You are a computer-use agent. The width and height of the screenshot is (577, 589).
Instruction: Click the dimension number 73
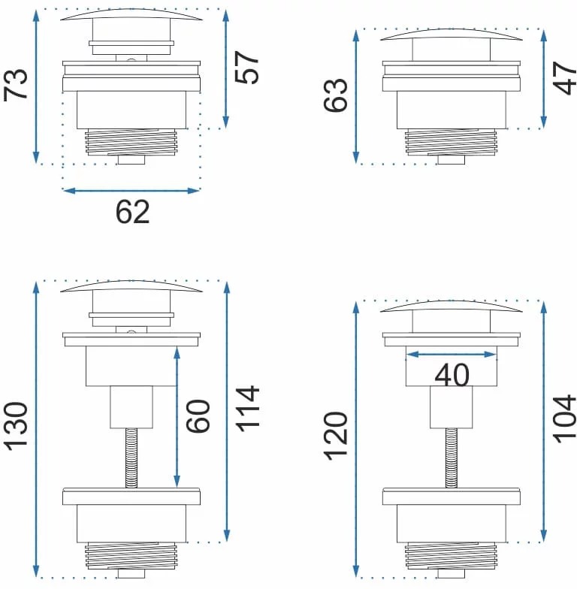tap(16, 85)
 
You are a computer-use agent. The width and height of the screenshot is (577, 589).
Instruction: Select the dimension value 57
tap(246, 68)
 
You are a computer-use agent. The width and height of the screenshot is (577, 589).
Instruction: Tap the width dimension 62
tap(132, 212)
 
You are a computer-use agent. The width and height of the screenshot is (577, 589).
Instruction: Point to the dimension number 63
tap(335, 95)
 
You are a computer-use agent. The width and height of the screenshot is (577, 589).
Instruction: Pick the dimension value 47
tap(565, 78)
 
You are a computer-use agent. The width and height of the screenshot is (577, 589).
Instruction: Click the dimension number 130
tap(16, 427)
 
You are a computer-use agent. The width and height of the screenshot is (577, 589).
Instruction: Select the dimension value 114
tap(247, 409)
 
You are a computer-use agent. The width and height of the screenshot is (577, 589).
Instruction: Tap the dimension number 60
tap(198, 416)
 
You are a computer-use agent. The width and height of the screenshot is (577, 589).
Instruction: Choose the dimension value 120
tap(335, 436)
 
